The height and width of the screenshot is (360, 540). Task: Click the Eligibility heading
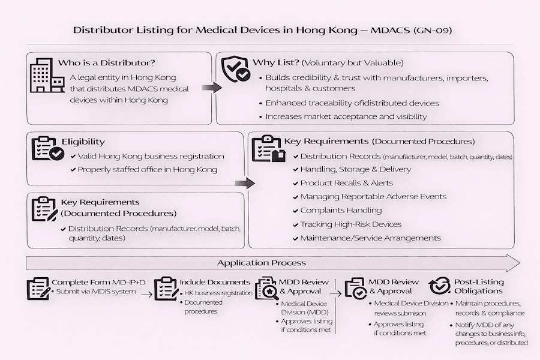[83, 142]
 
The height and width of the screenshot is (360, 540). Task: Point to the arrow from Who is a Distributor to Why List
[212, 88]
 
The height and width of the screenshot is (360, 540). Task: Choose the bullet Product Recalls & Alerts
[346, 182]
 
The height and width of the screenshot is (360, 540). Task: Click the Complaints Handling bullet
[340, 210]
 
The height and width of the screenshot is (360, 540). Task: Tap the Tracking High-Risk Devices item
[350, 224]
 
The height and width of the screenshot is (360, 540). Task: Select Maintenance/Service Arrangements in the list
[370, 238]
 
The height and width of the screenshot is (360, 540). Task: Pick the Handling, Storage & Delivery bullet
[355, 169]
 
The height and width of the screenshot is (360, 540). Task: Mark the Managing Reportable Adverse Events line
[373, 196]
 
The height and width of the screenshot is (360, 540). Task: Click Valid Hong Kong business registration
[151, 156]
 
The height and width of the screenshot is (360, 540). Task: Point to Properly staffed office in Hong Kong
[147, 169]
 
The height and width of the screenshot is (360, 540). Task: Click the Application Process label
[261, 263]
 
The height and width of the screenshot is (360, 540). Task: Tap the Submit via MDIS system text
[96, 292]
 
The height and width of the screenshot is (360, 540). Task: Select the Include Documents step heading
[214, 282]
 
